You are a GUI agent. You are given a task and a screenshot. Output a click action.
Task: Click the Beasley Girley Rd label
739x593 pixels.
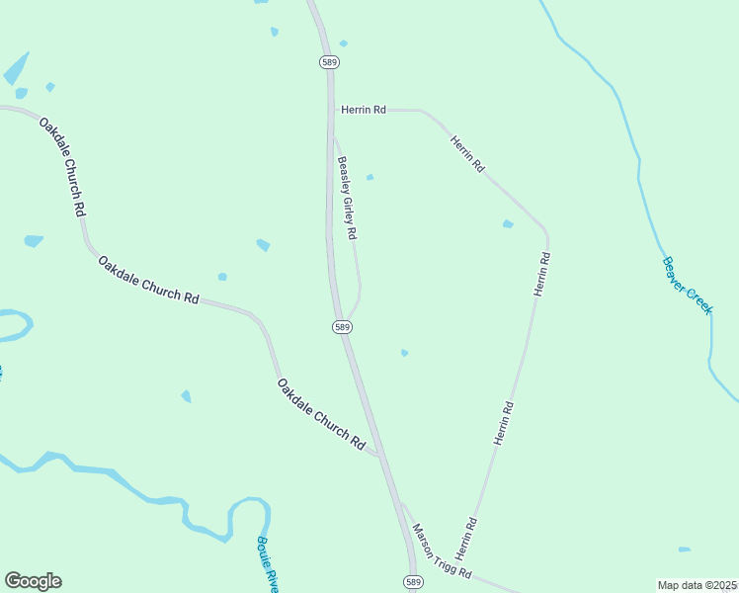click(x=347, y=199)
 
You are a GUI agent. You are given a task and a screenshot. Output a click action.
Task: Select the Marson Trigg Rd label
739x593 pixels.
click(x=442, y=551)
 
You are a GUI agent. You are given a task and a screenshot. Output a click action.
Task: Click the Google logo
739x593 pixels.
click(x=33, y=581)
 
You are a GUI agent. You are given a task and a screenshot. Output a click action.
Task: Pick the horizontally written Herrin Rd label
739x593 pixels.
click(x=363, y=110)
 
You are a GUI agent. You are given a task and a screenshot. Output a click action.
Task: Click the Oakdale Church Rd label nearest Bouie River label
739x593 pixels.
click(x=321, y=415)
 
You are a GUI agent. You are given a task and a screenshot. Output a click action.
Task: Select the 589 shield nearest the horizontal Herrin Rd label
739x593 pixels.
click(x=329, y=61)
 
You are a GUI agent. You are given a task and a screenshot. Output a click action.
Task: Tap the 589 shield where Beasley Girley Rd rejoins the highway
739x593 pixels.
click(x=342, y=326)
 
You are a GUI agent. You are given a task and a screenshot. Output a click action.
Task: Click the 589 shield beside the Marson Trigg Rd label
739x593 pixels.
click(x=413, y=582)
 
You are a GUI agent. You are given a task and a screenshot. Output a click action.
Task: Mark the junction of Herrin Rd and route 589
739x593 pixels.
click(x=331, y=110)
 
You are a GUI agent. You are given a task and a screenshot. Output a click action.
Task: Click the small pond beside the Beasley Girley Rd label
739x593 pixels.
click(x=369, y=178)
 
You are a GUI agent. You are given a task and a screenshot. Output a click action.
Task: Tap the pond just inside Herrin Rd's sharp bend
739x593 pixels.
click(x=508, y=224)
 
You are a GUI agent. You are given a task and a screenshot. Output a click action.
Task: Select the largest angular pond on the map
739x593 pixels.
click(x=16, y=69)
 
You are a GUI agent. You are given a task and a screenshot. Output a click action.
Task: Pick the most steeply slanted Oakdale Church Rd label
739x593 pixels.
click(x=61, y=167)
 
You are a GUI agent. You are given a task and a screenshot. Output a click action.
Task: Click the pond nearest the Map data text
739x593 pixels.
click(x=685, y=550)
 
